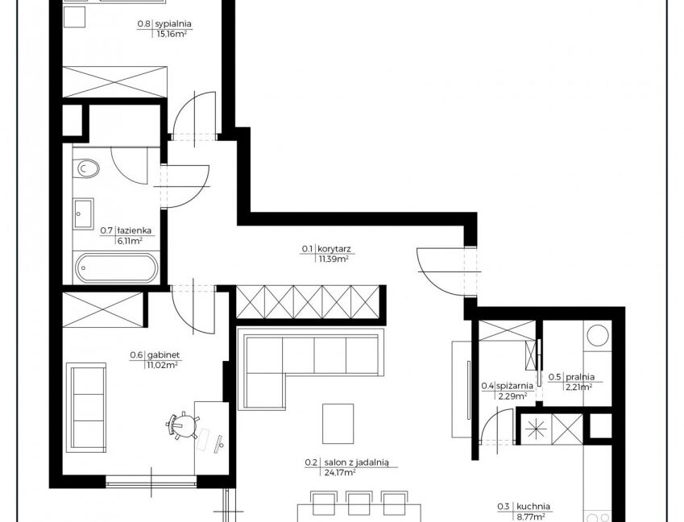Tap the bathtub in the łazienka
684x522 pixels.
pyautogui.click(x=116, y=267)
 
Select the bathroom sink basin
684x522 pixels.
pyautogui.click(x=83, y=213)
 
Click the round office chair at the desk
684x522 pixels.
pyautogui.click(x=183, y=425)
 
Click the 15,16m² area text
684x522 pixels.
pyautogui.click(x=172, y=34)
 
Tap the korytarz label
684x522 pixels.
pyautogui.click(x=334, y=249)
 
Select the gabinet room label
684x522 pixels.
pyautogui.click(x=164, y=355)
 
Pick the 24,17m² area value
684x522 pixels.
pyautogui.click(x=340, y=472)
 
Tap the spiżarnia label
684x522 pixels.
pyautogui.click(x=515, y=386)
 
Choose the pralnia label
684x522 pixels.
pyautogui.click(x=580, y=377)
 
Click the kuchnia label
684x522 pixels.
pyautogui.click(x=533, y=507)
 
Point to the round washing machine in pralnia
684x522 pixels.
pyautogui.click(x=598, y=336)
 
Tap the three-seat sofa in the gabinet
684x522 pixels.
pyautogui.click(x=86, y=407)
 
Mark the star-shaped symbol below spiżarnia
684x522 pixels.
pyautogui.click(x=535, y=429)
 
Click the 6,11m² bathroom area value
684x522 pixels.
pyautogui.click(x=130, y=240)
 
